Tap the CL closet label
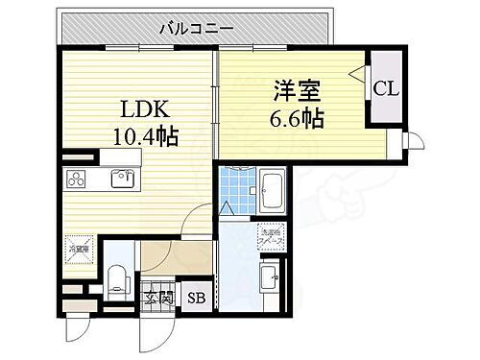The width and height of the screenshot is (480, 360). point(388,89)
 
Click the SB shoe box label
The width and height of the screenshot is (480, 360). point(197,298)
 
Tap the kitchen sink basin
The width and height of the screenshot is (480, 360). point(121,179)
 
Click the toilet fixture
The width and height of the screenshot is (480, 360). point(117,276)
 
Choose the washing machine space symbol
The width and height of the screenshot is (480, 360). point(268,234)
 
